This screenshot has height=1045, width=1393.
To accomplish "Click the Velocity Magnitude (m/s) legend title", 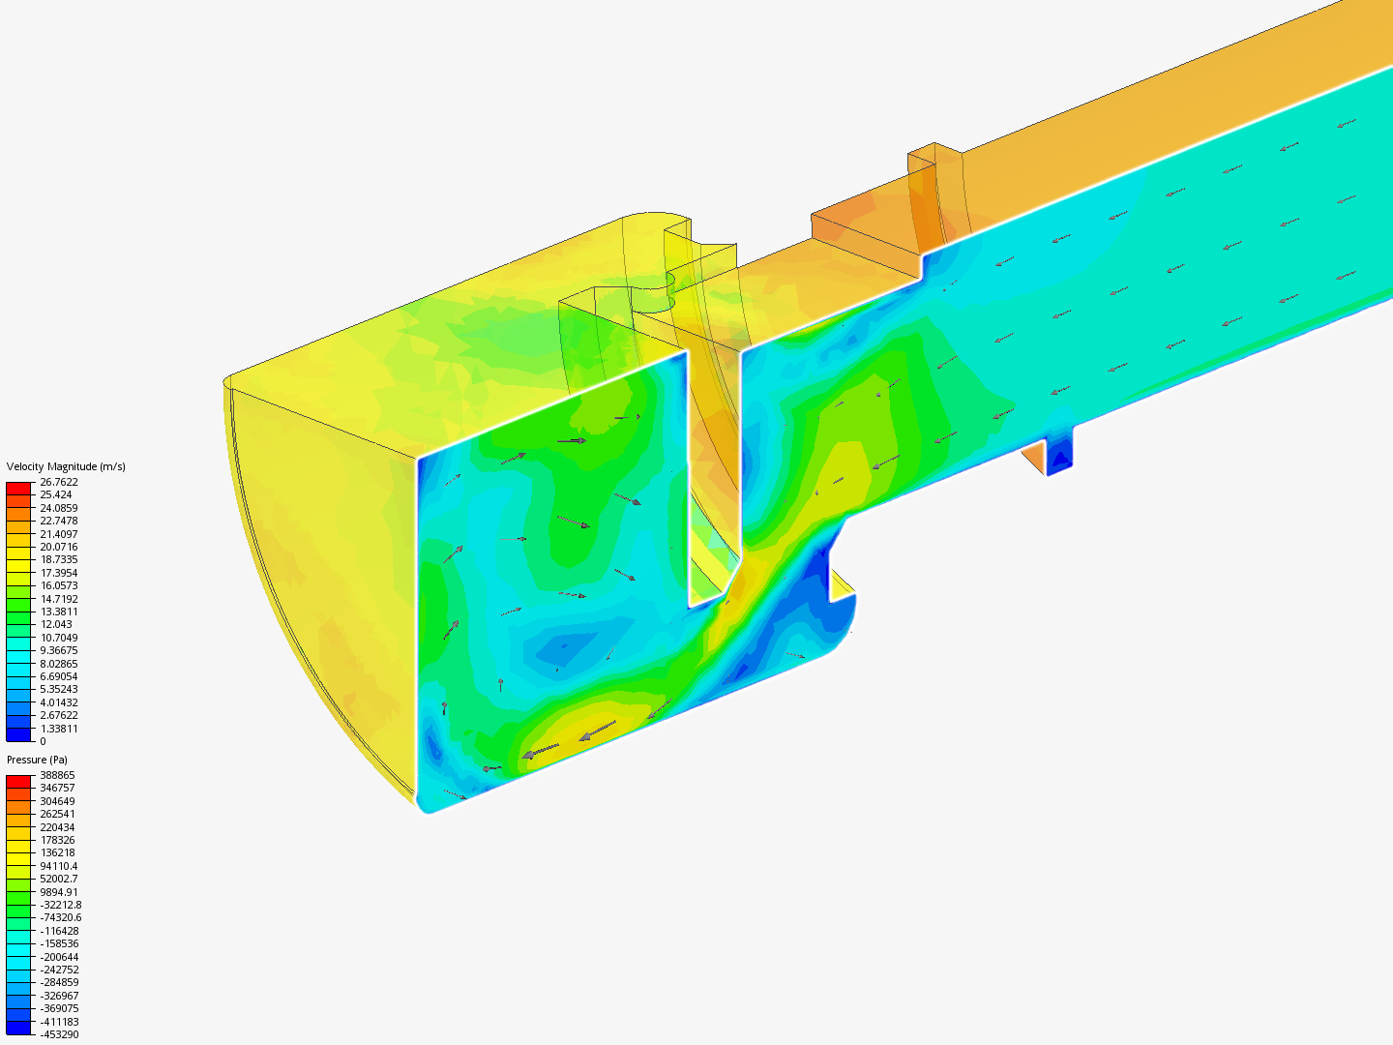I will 66,466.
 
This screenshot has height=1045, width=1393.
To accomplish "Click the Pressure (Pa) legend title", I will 37,760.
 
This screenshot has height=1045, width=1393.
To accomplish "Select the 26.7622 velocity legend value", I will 58,482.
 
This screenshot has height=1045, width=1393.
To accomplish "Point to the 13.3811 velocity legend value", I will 58,612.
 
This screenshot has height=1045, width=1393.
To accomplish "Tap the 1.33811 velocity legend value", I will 58,729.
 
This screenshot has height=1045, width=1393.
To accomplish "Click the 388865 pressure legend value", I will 57,775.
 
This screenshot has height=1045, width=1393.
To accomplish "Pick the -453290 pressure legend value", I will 59,1034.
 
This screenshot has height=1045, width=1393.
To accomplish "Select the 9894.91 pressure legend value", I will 58,892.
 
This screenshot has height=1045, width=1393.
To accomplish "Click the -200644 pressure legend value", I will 59,957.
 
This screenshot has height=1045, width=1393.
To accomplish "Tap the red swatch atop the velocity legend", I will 18,488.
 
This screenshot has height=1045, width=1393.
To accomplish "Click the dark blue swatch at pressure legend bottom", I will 18,1028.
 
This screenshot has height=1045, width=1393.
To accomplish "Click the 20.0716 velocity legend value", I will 58,547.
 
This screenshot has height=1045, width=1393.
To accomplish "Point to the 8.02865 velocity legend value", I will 58,664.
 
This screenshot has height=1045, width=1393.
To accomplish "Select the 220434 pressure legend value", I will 57,827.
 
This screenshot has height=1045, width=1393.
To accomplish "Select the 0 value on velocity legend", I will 43,741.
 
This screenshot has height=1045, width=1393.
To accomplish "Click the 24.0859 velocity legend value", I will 58,508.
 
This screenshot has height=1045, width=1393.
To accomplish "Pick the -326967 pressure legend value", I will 59,996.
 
